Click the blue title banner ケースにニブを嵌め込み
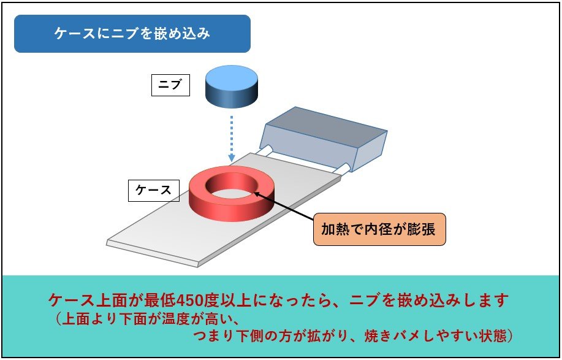point(132,34)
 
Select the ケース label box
point(153,190)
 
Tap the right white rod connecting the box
point(347,167)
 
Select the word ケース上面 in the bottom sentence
point(89,301)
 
